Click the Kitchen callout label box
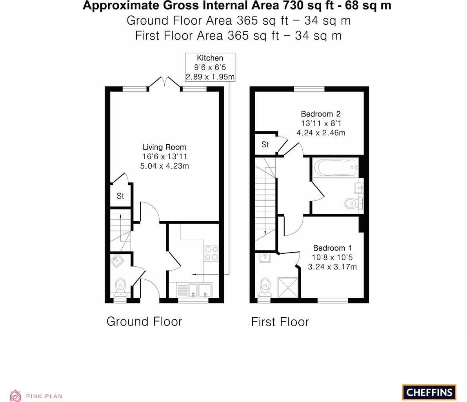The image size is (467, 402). click(x=210, y=67)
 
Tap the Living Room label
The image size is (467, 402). click(x=164, y=147)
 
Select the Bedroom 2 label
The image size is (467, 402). click(x=321, y=114)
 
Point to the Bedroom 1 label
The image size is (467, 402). click(x=333, y=248)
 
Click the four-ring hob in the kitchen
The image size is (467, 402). click(x=211, y=253)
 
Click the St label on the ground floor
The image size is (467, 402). click(x=120, y=196)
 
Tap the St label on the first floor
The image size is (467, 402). click(x=265, y=145)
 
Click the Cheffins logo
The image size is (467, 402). click(x=429, y=392)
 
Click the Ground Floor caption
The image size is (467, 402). click(x=144, y=322)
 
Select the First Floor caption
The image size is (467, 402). click(x=280, y=322)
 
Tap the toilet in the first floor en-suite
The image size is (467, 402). click(x=266, y=287)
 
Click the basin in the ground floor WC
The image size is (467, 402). click(x=117, y=260)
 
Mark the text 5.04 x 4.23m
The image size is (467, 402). click(x=164, y=166)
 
